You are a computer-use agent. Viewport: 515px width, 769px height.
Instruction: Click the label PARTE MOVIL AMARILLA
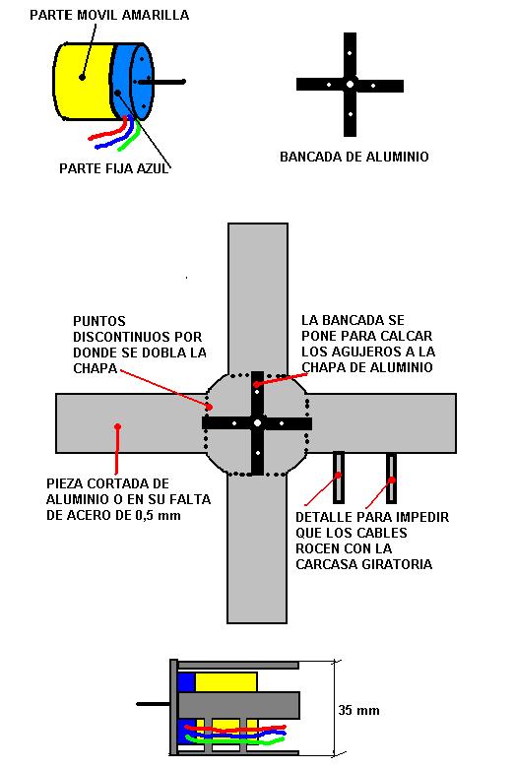click(x=109, y=15)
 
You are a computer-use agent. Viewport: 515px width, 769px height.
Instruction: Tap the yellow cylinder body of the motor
click(x=84, y=82)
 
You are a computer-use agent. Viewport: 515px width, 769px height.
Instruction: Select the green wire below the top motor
click(x=129, y=137)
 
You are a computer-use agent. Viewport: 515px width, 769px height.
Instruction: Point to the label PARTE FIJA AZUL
click(x=114, y=168)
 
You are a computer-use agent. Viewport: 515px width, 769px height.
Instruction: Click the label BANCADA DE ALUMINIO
click(x=354, y=157)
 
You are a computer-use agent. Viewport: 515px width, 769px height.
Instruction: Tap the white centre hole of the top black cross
click(x=350, y=85)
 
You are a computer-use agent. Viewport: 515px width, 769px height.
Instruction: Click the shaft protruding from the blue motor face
click(x=161, y=82)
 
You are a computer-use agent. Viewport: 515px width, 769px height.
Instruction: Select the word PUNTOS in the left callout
click(x=99, y=321)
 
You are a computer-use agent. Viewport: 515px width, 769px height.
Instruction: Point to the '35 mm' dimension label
click(x=358, y=710)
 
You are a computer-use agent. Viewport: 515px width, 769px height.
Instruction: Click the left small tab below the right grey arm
click(x=339, y=478)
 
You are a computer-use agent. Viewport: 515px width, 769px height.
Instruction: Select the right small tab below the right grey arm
click(x=391, y=478)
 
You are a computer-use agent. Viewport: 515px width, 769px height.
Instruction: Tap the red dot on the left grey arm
click(x=118, y=426)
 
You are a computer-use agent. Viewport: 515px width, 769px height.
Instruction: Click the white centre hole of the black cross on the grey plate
click(x=258, y=422)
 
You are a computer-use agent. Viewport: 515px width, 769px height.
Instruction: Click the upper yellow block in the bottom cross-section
click(x=226, y=682)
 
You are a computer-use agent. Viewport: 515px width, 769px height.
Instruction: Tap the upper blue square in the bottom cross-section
click(x=186, y=682)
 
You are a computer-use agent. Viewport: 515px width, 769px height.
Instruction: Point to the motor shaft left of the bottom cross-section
click(x=153, y=704)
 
